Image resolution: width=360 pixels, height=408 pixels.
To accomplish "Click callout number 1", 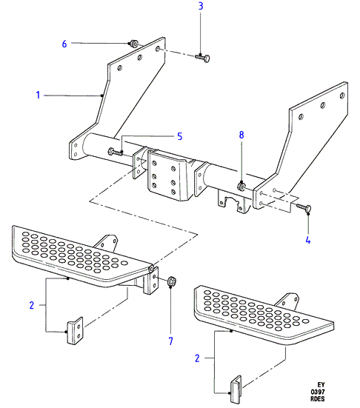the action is coord(38,95).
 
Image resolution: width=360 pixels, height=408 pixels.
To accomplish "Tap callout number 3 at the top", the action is coord(201,6).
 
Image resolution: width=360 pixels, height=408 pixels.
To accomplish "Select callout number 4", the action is coord(308,240).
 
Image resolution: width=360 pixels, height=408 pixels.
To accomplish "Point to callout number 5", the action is coord(180,136).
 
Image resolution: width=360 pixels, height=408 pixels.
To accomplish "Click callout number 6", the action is coord(64,44).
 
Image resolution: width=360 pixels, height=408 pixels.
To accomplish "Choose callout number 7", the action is coord(171,341).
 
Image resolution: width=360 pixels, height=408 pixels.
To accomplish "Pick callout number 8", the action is coord(241,135).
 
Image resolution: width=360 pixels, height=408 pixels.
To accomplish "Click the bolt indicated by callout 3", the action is coord(203,58).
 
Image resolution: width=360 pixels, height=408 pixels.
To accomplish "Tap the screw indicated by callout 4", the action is coord(304,207).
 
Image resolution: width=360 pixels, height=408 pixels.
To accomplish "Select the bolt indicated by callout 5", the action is coord(116,152).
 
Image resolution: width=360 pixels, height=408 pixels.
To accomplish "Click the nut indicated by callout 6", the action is coord(133,44).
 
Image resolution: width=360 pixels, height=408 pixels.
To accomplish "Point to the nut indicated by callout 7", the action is coord(172,281).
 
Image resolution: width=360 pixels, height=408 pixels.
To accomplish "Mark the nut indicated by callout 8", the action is coord(241,187).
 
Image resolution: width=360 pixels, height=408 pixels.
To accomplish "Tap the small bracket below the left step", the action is coord(76,331).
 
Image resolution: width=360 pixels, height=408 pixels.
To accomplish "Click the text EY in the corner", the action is coord(321,384).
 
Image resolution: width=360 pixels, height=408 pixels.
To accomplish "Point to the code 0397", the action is coord(318,392).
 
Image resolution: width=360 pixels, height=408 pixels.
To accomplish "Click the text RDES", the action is coord(318,398).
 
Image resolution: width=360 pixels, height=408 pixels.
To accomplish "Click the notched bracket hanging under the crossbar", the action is coord(232,201).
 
